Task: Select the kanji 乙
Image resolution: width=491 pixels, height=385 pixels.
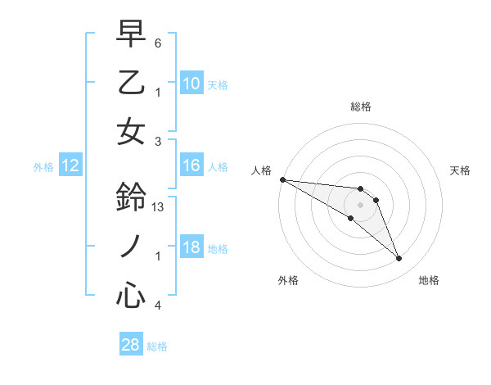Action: (x=131, y=82)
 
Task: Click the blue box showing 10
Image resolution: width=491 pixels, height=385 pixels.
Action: (x=191, y=83)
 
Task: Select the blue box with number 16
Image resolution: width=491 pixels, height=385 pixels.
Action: (x=191, y=165)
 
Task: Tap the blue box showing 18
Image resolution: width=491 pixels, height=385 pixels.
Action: (x=191, y=248)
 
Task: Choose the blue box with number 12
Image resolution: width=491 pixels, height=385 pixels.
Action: (x=70, y=165)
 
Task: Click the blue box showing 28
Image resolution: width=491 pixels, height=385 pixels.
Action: (x=131, y=345)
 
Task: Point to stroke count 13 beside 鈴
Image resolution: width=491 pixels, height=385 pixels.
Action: (x=160, y=207)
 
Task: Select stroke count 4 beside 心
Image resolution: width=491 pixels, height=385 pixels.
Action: (x=158, y=306)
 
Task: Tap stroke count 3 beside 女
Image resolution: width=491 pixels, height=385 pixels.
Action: (x=158, y=141)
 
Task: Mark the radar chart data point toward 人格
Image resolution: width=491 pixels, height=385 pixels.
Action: (x=282, y=179)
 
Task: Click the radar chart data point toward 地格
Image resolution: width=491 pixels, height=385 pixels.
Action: (x=399, y=259)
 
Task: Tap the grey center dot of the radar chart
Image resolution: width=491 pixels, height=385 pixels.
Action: (x=360, y=204)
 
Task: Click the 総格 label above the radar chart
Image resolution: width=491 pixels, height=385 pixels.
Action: (x=361, y=106)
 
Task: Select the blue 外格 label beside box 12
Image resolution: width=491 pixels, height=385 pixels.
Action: (x=43, y=166)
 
